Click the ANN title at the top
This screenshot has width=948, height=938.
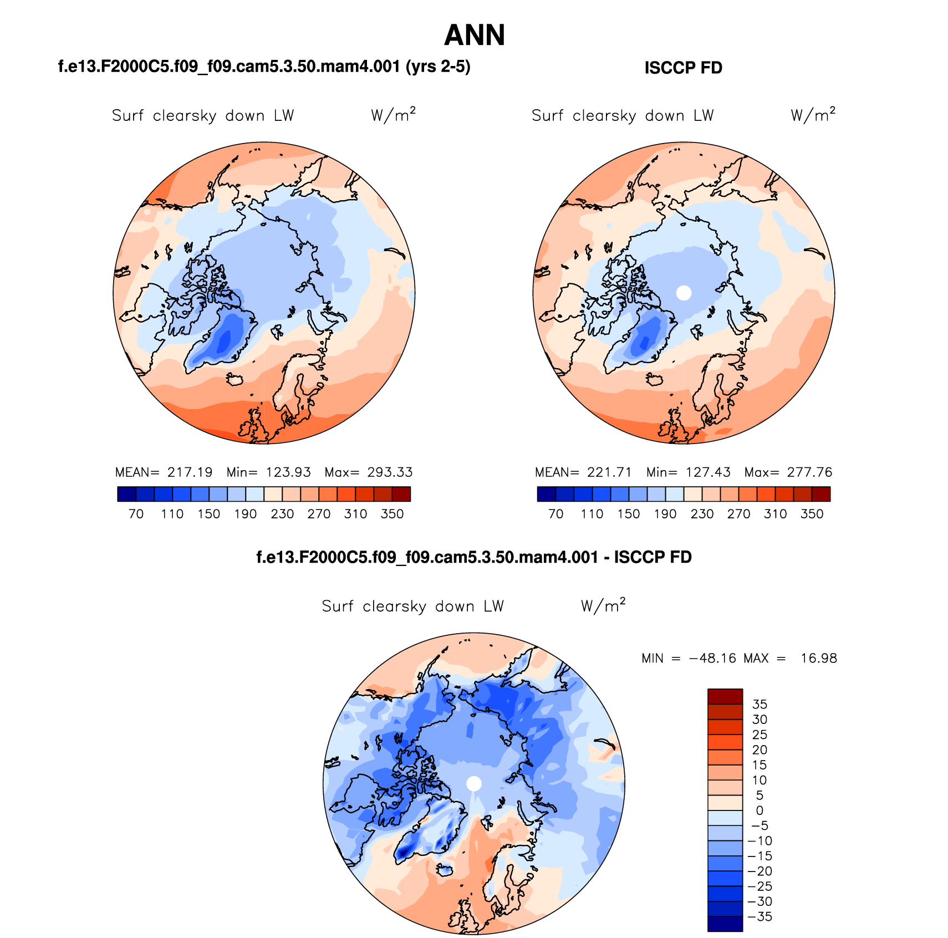pyautogui.click(x=475, y=35)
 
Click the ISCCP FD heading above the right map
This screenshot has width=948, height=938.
pyautogui.click(x=683, y=68)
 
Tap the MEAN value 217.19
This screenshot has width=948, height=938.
pyautogui.click(x=190, y=472)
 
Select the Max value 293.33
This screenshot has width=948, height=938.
pyautogui.click(x=390, y=472)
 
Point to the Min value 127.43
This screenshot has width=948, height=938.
pyautogui.click(x=708, y=472)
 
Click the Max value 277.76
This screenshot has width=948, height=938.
pyautogui.click(x=809, y=472)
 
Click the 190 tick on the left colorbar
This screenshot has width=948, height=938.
pyautogui.click(x=246, y=514)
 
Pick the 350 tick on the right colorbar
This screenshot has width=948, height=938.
pyautogui.click(x=812, y=514)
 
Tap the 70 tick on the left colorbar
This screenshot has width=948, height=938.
pyautogui.click(x=136, y=514)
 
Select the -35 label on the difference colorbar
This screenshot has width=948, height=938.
pyautogui.click(x=761, y=916)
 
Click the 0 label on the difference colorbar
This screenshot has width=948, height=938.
pyautogui.click(x=760, y=810)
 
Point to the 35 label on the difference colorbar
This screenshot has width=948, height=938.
pyautogui.click(x=760, y=705)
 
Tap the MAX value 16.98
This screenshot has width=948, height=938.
pyautogui.click(x=819, y=659)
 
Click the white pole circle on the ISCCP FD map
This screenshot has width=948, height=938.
pyautogui.click(x=684, y=293)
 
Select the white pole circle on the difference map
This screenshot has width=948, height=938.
pyautogui.click(x=474, y=783)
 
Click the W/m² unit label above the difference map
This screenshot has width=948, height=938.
pyautogui.click(x=603, y=605)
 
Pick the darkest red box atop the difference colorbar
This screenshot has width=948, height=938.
pyautogui.click(x=725, y=696)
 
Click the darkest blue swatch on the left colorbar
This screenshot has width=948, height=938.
pyautogui.click(x=126, y=494)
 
